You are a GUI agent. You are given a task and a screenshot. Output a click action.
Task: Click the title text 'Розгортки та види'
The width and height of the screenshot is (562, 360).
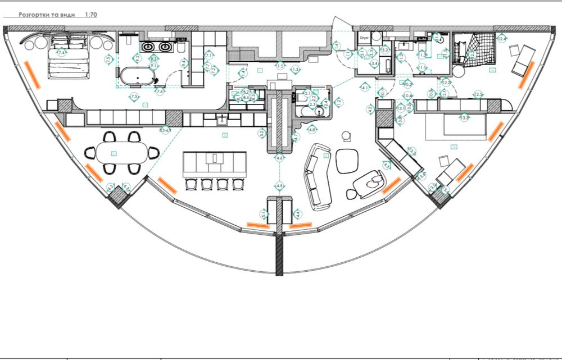click(x=47, y=15)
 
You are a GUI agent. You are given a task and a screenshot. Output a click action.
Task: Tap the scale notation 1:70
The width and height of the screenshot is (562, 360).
click(x=90, y=15)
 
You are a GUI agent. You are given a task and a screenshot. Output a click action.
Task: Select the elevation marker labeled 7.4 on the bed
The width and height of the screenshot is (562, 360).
click(x=60, y=52)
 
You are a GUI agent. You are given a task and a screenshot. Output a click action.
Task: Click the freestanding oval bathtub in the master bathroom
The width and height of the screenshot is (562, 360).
click(x=135, y=76)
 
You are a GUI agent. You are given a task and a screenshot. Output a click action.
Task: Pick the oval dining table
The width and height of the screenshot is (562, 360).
click(x=121, y=152)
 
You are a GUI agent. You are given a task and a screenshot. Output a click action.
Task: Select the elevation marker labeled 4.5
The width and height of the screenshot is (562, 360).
click(x=279, y=185)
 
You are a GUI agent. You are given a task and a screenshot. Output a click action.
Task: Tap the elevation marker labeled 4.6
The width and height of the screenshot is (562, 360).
click(x=279, y=158)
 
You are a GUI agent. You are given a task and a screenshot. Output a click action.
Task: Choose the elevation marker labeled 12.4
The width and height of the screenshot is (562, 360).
click(x=502, y=38)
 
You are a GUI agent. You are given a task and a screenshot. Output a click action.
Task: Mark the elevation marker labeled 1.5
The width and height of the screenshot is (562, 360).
click(x=280, y=66)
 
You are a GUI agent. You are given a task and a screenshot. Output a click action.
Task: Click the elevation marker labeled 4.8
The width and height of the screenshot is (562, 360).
click(x=312, y=130)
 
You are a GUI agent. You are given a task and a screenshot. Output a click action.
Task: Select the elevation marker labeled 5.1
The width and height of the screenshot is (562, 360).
click(x=264, y=213)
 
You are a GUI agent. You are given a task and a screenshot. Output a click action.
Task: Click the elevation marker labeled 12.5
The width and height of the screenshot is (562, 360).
click(x=478, y=94)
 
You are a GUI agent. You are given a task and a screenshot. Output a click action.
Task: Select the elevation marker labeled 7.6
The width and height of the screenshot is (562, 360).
click(x=160, y=92)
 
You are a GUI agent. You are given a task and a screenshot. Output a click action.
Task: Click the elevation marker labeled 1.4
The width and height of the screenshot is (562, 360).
click(x=243, y=72)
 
